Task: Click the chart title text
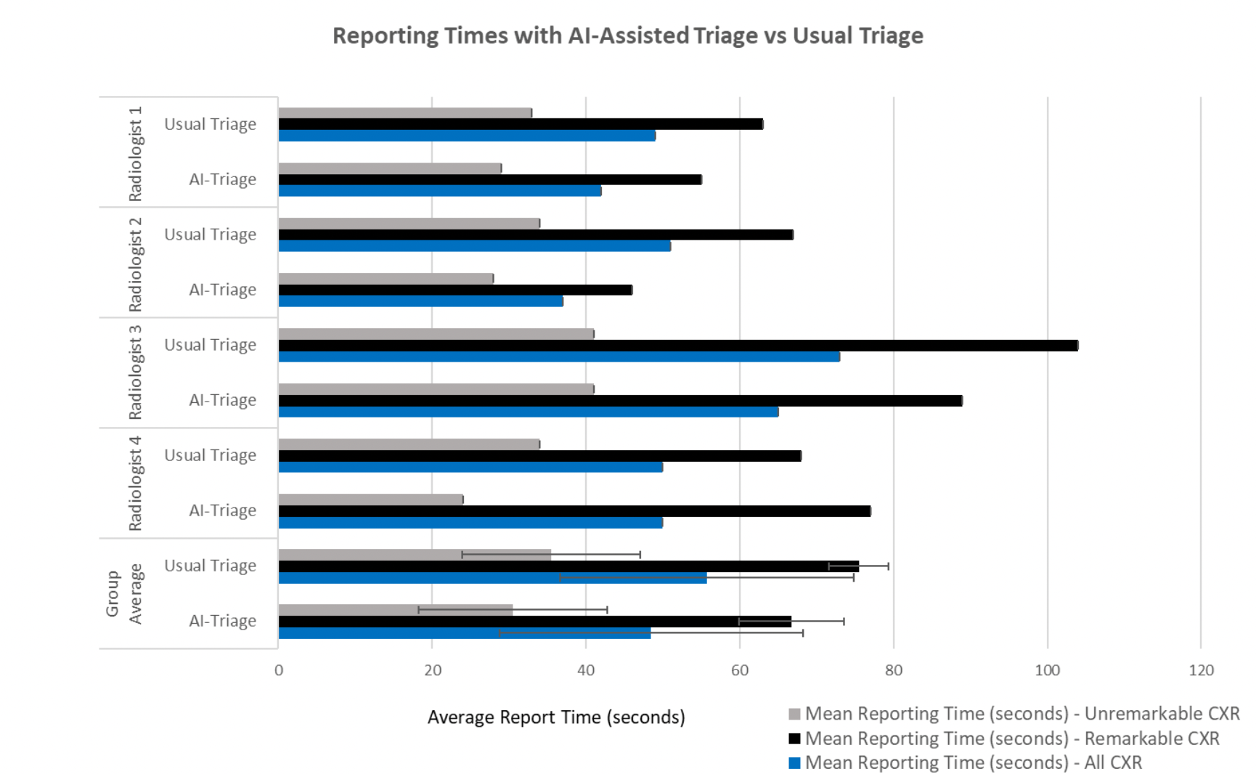[x=627, y=36]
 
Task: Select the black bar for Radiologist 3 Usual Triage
[x=678, y=346]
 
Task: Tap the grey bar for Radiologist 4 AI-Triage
[x=370, y=500]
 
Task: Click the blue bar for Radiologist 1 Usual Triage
[x=467, y=136]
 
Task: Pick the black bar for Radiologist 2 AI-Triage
[x=455, y=290]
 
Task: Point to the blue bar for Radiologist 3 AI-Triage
[x=528, y=412]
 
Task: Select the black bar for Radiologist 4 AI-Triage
[x=574, y=511]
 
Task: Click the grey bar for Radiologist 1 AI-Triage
[x=390, y=168]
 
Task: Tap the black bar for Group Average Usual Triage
[x=568, y=566]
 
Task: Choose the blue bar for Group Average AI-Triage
[x=465, y=633]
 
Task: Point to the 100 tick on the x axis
[x=1047, y=670]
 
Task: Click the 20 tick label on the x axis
[x=433, y=670]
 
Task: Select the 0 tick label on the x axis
[x=279, y=670]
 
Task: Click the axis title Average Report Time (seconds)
[x=556, y=717]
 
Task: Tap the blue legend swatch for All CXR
[x=794, y=763]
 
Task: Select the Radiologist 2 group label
[x=135, y=264]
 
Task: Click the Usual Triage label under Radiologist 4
[x=211, y=455]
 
